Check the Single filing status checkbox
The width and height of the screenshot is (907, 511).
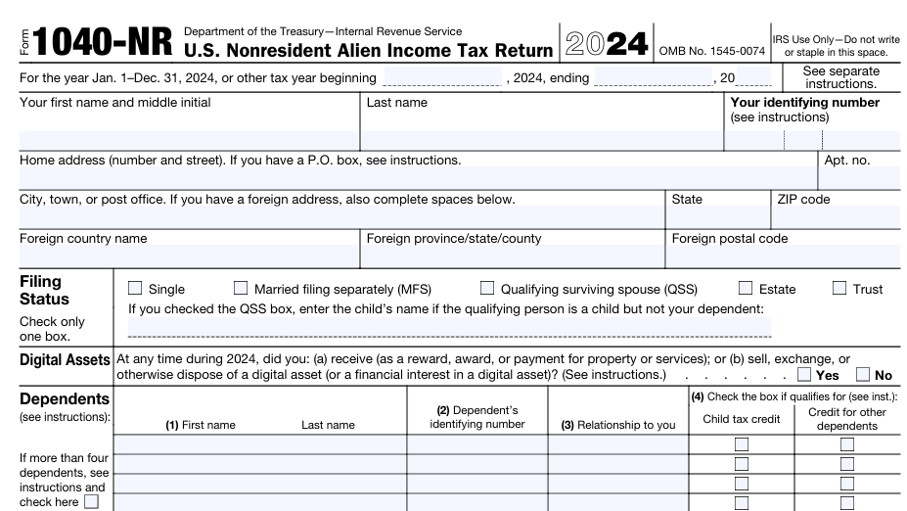click(135, 289)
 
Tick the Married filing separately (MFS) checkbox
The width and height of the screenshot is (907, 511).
click(241, 289)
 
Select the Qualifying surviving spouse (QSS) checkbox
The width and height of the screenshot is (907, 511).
click(487, 289)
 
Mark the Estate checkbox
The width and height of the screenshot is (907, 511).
click(746, 289)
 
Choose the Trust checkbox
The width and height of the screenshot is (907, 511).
click(839, 289)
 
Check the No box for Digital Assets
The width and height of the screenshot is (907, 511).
click(863, 374)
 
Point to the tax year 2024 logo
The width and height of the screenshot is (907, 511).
click(606, 44)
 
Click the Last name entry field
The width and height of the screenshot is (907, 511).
click(542, 140)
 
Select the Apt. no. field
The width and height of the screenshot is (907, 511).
click(859, 178)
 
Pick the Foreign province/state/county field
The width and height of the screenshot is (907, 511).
click(513, 256)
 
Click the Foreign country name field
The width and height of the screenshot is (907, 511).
click(189, 256)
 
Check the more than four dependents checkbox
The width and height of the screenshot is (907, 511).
click(92, 502)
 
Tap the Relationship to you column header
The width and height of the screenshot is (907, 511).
click(617, 425)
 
